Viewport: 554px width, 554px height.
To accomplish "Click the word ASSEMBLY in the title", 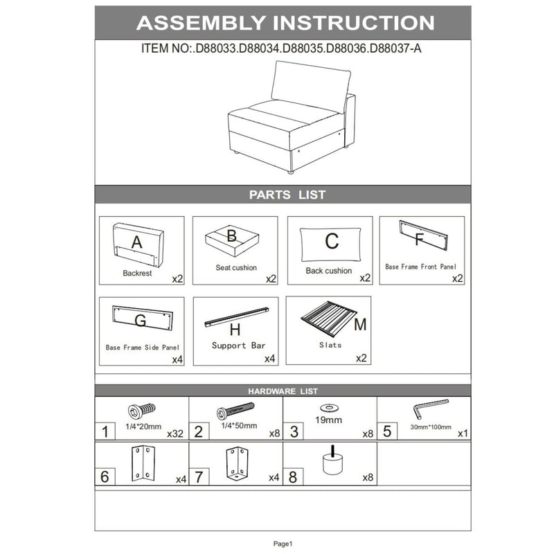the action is (x=201, y=23).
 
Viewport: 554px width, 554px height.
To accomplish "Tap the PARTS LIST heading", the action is (x=287, y=195).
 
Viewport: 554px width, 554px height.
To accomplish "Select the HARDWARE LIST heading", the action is (x=283, y=391).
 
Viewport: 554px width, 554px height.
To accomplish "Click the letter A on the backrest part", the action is (x=136, y=242).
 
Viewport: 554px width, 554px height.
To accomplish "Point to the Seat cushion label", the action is (x=236, y=267).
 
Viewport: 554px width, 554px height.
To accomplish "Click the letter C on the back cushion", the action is (x=332, y=241).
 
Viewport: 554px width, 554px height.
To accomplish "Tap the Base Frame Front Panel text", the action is (x=420, y=267).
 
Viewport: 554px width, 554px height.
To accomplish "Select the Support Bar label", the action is (x=238, y=346).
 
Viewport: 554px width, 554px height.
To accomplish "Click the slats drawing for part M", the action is (x=328, y=319).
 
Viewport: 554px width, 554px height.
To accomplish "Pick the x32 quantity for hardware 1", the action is (x=175, y=434).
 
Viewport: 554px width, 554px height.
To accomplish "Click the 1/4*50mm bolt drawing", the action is (x=235, y=411).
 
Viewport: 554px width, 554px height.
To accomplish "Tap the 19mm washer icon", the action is (x=329, y=408).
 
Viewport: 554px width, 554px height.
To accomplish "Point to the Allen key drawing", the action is (x=429, y=407).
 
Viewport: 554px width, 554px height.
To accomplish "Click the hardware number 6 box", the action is (x=105, y=476).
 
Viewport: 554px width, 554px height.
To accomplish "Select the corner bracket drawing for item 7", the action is (x=237, y=463).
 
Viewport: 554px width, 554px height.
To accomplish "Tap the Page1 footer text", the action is (x=283, y=544).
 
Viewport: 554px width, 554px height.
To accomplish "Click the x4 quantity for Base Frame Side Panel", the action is (x=177, y=359).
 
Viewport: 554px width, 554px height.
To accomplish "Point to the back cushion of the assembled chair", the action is (x=311, y=87).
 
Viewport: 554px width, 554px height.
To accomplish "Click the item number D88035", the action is (x=303, y=48).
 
